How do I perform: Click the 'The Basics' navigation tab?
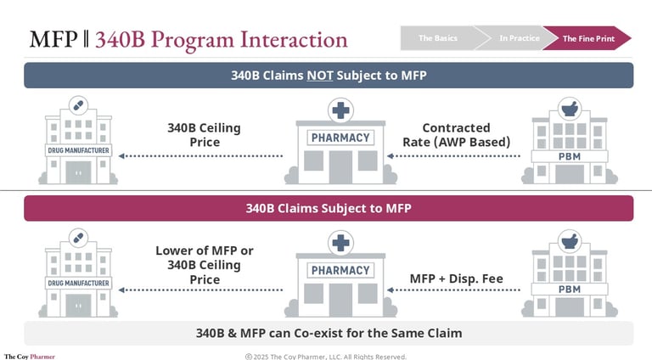[x=438, y=38]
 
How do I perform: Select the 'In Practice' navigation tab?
[x=520, y=38]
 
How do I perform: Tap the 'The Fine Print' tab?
[x=588, y=38]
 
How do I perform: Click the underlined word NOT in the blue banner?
[x=320, y=76]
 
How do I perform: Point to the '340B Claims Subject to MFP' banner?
[x=329, y=208]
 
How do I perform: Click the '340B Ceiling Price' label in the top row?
[x=204, y=135]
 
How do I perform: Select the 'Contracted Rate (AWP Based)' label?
[x=456, y=135]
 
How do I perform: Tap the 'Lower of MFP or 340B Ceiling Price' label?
[x=204, y=265]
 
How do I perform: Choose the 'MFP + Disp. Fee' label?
[x=456, y=278]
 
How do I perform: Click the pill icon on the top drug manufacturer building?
[x=78, y=105]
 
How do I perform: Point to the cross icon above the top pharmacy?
[x=340, y=110]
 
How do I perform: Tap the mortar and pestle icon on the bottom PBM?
[x=570, y=241]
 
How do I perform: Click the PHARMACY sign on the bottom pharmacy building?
[x=340, y=271]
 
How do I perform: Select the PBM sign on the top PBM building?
[x=570, y=157]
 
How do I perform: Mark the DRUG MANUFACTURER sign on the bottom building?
[x=78, y=283]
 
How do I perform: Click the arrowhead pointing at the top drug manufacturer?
[x=121, y=156]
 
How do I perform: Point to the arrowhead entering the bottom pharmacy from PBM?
[x=390, y=290]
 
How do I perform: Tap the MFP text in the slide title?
[x=53, y=40]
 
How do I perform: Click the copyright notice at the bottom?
[x=326, y=357]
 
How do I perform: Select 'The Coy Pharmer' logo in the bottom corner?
[x=29, y=357]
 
